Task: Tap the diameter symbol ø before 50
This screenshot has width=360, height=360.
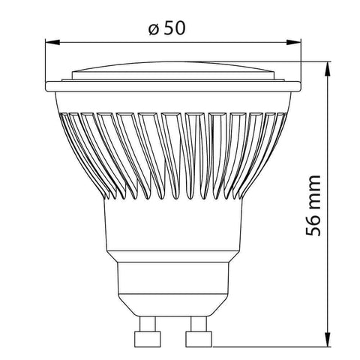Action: tap(152, 30)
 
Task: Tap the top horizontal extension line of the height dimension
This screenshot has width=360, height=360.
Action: tap(315, 63)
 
